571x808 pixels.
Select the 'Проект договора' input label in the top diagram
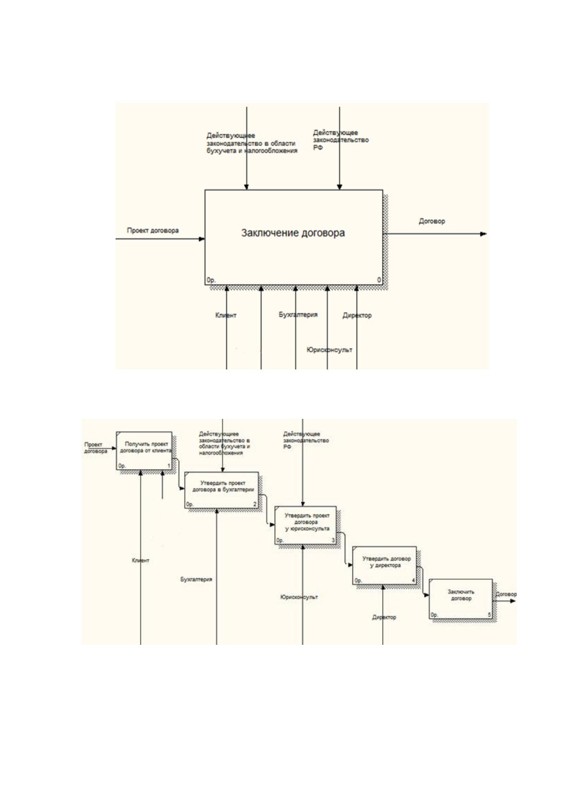152,230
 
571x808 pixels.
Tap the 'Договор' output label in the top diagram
432,221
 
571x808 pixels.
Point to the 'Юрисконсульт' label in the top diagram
329,349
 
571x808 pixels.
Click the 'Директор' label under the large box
357,315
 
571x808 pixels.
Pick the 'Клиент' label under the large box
226,315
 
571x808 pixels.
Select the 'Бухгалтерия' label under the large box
298,315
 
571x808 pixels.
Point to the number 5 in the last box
489,615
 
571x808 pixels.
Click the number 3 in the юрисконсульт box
333,540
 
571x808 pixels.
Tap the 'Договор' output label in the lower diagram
506,594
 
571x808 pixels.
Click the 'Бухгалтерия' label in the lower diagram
196,579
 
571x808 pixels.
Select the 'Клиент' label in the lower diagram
140,560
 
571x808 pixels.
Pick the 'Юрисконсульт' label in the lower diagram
299,597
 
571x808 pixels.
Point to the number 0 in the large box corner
379,280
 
